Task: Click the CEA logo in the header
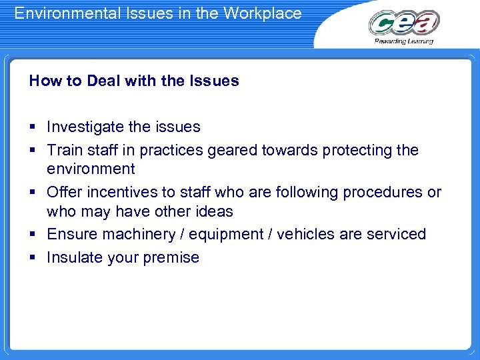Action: tap(404, 23)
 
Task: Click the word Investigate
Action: tap(85, 127)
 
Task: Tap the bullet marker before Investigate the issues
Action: tap(32, 127)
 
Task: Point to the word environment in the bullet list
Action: tap(91, 169)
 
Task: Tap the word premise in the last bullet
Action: tap(170, 258)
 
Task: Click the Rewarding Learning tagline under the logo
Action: tap(403, 41)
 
